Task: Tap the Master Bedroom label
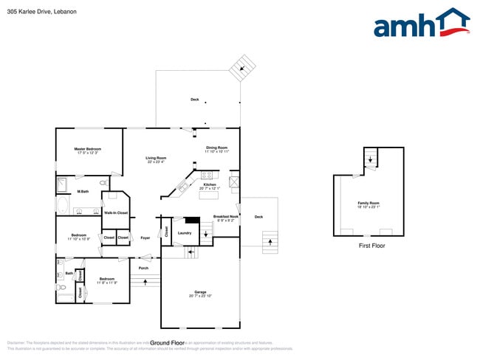pos(87,149)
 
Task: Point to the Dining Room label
pos(216,148)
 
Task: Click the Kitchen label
pos(210,184)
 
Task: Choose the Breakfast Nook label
pos(224,217)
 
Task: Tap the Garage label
pos(200,293)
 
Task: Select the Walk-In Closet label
pos(116,212)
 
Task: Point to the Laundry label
pos(185,233)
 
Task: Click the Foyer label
pos(145,238)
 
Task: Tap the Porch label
pos(143,268)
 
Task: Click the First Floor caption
pos(371,246)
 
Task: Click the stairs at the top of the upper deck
pos(241,69)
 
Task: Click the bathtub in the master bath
pos(62,205)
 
